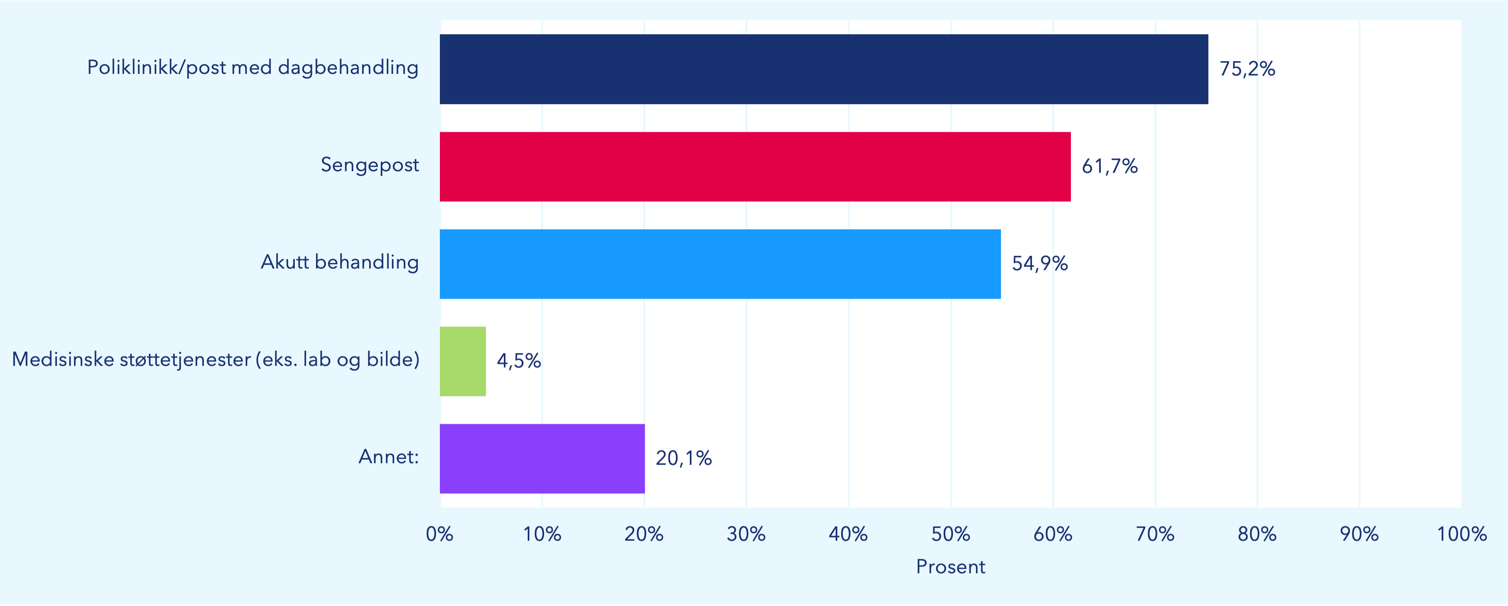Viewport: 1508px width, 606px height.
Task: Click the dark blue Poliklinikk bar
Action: click(824, 69)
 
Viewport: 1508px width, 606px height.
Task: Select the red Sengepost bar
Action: click(755, 167)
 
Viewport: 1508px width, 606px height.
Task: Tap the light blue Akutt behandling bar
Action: click(720, 264)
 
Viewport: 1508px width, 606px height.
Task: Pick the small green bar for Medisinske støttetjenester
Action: click(463, 361)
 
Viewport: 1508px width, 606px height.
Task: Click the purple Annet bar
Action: click(542, 459)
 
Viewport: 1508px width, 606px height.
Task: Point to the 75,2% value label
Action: click(1247, 69)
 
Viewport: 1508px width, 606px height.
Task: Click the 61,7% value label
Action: click(1109, 167)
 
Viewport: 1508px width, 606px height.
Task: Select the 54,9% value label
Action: click(1040, 264)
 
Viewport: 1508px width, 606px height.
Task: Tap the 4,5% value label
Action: click(519, 361)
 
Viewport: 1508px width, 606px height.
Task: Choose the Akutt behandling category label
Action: click(339, 262)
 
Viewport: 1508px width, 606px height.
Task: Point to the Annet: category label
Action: click(389, 457)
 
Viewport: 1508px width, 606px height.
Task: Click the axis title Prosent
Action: click(950, 567)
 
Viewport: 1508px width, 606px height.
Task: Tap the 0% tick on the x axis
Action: click(439, 534)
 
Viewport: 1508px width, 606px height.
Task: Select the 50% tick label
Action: click(950, 534)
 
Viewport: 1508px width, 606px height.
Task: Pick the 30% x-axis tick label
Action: click(746, 534)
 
